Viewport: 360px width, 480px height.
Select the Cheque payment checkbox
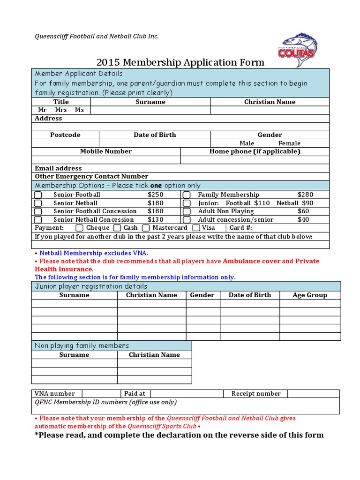pyautogui.click(x=80, y=228)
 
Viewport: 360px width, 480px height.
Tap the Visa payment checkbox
pyautogui.click(x=196, y=228)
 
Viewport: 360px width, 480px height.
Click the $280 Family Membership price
pyautogui.click(x=306, y=195)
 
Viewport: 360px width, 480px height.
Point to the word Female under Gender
pyautogui.click(x=289, y=143)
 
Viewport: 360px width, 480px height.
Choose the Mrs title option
pyautogui.click(x=61, y=110)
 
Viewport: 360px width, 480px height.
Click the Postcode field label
pyautogui.click(x=65, y=135)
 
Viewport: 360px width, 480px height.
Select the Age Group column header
pyautogui.click(x=310, y=295)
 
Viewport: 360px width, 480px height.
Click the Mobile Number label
pyautogui.click(x=106, y=151)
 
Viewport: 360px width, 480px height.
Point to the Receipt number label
pyautogui.click(x=256, y=394)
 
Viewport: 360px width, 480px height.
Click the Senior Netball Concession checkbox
pyautogui.click(x=38, y=220)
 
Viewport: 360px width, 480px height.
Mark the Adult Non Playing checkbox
pyautogui.click(x=187, y=211)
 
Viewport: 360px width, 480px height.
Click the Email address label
pyautogui.click(x=58, y=168)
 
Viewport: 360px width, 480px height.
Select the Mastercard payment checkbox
pyautogui.click(x=146, y=228)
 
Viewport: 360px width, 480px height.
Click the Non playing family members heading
pyautogui.click(x=82, y=346)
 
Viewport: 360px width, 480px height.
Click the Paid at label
pyautogui.click(x=135, y=394)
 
